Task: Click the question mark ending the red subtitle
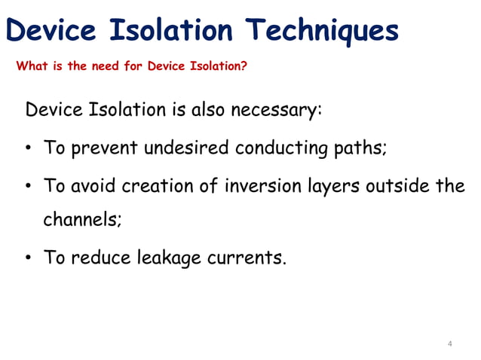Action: pyautogui.click(x=244, y=66)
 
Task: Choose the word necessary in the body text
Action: pyautogui.click(x=277, y=111)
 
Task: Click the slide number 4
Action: pyautogui.click(x=450, y=344)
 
